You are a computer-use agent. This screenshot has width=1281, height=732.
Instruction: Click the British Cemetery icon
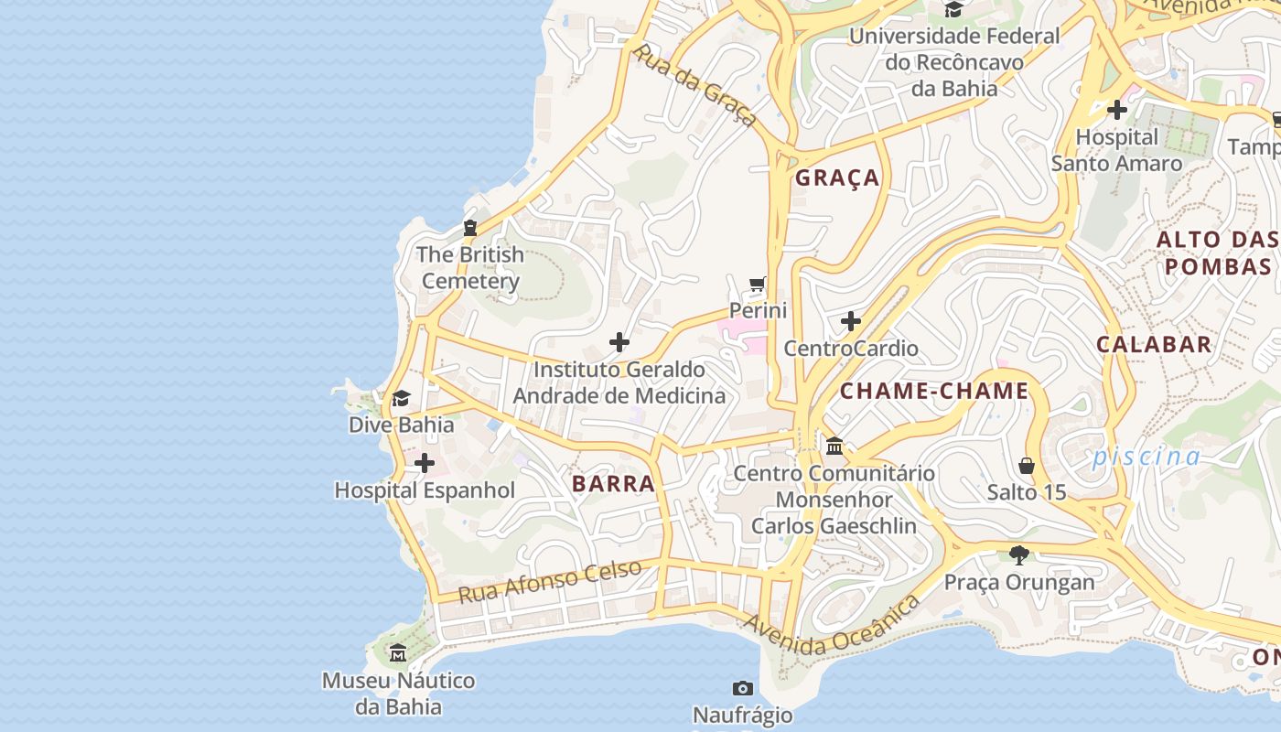470,228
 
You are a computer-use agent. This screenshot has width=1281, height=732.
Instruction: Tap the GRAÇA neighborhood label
837,178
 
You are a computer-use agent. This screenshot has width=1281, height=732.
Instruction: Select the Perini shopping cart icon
757,285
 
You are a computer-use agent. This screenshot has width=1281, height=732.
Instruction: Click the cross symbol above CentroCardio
851,321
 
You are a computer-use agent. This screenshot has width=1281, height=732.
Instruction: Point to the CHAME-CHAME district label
934,392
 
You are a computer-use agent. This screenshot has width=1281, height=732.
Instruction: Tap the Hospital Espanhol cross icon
425,464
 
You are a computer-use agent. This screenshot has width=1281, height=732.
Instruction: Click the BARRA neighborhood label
613,484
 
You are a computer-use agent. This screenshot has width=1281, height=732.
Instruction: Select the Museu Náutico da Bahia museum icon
398,653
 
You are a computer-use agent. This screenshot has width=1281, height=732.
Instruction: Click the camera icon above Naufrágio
743,688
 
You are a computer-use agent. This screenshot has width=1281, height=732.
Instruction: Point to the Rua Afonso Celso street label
550,582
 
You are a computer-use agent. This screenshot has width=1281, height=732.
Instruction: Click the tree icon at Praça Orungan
1018,554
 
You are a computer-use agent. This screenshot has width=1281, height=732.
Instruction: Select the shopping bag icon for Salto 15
1027,466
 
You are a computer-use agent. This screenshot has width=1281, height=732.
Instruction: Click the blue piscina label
1146,457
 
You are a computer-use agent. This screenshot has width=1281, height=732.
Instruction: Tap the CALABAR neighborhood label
1154,345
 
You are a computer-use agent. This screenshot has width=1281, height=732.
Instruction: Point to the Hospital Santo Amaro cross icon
1116,111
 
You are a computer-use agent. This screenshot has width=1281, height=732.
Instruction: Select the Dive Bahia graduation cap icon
401,398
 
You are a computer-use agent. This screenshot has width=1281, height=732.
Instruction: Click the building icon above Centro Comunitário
834,447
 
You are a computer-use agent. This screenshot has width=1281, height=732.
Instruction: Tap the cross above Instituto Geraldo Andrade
619,343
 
